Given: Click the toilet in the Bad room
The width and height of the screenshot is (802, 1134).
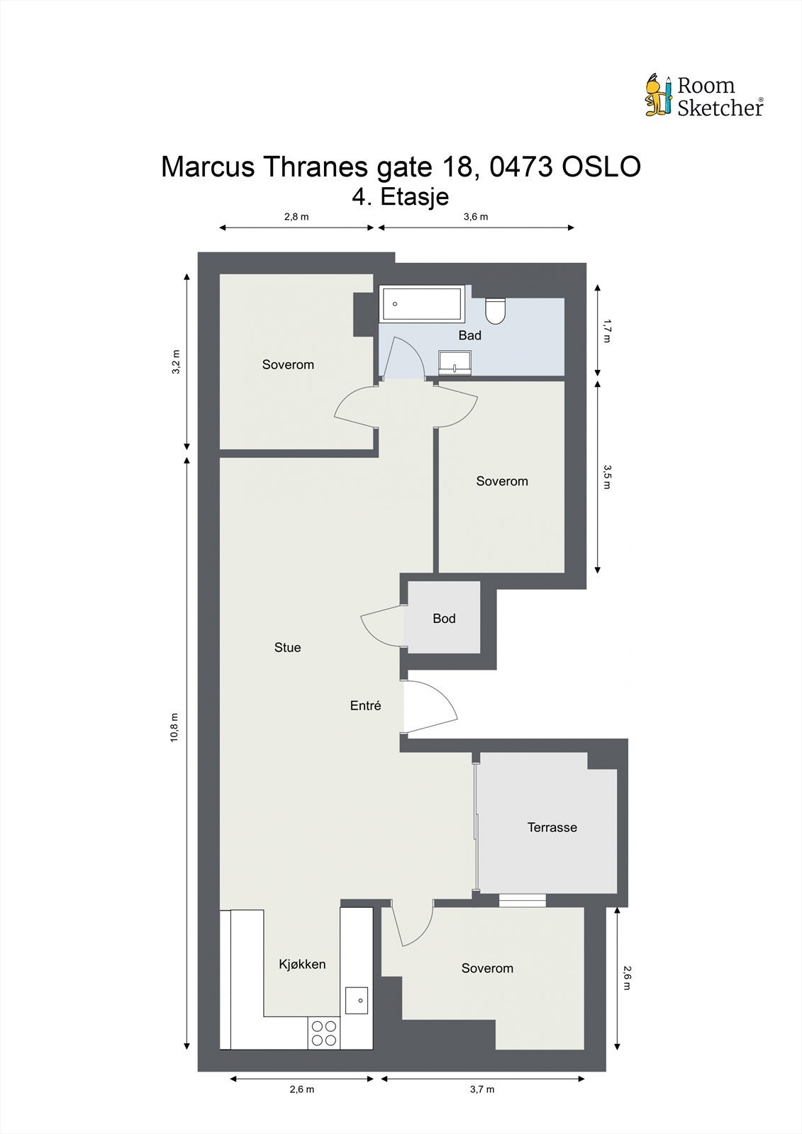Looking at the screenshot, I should click(x=495, y=310).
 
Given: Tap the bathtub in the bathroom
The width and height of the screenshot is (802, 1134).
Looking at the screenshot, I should click(x=422, y=303).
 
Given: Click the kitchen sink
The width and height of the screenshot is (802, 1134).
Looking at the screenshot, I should click(x=357, y=1000).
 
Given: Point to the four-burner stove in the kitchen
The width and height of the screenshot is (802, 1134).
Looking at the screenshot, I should click(x=324, y=1033).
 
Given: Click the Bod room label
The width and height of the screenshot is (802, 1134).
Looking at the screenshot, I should click(x=444, y=619).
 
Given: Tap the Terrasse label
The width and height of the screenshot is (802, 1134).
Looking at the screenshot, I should click(x=552, y=827).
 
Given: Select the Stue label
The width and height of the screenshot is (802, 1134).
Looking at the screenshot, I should click(x=287, y=647).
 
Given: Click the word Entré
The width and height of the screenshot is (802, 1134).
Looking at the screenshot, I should click(x=366, y=705).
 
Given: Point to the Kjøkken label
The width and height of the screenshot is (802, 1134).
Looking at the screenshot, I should click(x=302, y=964).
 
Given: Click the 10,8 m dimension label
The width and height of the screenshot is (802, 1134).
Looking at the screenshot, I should click(x=174, y=727).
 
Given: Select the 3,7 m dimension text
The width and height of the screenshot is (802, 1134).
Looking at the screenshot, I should click(x=481, y=1089).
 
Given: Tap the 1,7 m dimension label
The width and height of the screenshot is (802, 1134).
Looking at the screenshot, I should click(x=606, y=330).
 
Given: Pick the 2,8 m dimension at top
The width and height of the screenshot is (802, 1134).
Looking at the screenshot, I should click(x=296, y=217).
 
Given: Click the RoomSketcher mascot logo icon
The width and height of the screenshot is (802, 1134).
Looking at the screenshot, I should click(x=657, y=95).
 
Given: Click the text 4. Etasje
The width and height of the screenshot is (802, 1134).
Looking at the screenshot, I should click(x=401, y=196).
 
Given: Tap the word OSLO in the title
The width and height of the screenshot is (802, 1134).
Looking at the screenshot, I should click(x=601, y=167).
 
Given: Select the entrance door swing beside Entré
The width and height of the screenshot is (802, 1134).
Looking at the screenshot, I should click(x=430, y=707).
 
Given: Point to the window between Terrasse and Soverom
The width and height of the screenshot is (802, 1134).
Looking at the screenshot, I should click(x=522, y=900).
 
